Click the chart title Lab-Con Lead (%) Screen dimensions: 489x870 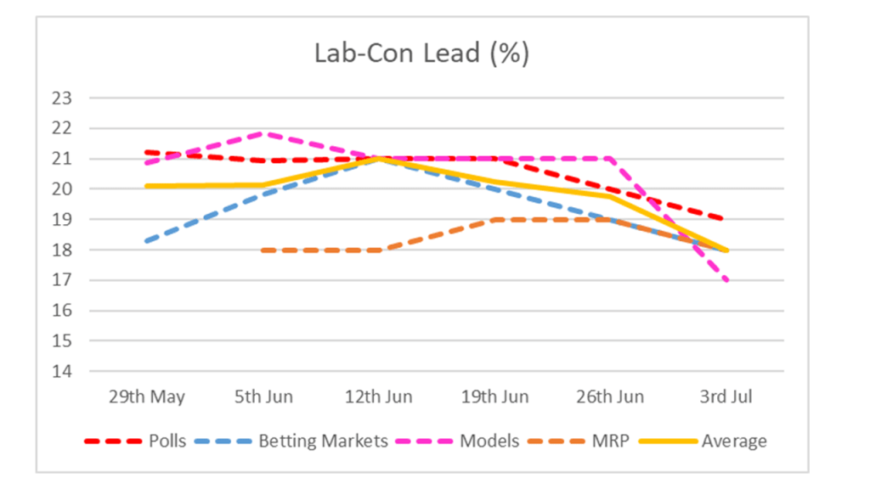pyautogui.click(x=421, y=53)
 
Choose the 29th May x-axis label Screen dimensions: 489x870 pyautogui.click(x=147, y=397)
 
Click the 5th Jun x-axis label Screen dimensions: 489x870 pyautogui.click(x=263, y=397)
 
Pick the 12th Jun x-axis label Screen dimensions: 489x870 pyautogui.click(x=379, y=397)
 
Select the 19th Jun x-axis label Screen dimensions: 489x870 pyautogui.click(x=495, y=397)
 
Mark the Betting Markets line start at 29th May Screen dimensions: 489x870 pyautogui.click(x=147, y=241)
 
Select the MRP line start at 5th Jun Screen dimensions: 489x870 pyautogui.click(x=263, y=250)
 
